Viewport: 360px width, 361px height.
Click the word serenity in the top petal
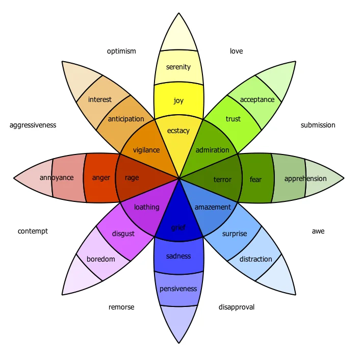(178, 67)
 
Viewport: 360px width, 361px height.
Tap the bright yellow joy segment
(178, 100)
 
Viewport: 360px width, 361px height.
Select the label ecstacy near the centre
(178, 131)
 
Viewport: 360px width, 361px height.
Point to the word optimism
(121, 51)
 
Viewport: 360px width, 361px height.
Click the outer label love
(236, 51)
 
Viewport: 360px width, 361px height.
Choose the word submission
(318, 125)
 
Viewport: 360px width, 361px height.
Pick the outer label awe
(318, 231)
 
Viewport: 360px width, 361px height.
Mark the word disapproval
(237, 307)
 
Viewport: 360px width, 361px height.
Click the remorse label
(121, 307)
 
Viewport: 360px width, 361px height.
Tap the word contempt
(33, 231)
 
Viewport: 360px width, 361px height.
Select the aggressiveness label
(33, 125)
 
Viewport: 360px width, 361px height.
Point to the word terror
(222, 179)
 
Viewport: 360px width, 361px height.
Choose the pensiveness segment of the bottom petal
(178, 289)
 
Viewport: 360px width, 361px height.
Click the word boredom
(101, 259)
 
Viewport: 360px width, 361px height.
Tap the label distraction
(256, 259)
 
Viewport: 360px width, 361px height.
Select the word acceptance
(257, 100)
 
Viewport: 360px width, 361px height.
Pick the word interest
(99, 99)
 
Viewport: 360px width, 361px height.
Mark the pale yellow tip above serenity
(178, 35)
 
